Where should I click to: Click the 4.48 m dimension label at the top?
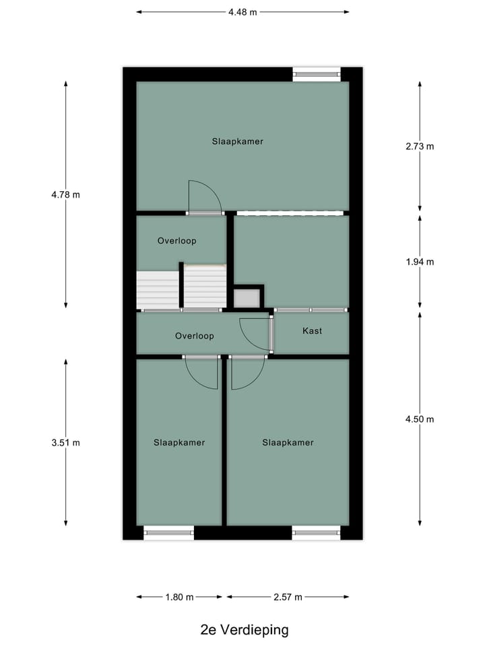point(243,11)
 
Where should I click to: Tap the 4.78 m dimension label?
point(65,195)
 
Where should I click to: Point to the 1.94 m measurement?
point(420,262)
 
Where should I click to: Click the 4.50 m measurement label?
point(420,419)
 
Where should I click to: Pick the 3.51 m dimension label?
point(65,443)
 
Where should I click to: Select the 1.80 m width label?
point(179,597)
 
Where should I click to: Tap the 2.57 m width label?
point(288,597)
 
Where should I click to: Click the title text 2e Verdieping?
point(245,630)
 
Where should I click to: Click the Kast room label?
point(312,331)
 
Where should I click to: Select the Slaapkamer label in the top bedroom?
point(237,141)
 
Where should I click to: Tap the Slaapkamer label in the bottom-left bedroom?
point(179,442)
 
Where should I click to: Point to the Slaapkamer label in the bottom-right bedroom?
point(288,442)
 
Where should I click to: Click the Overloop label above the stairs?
point(176,240)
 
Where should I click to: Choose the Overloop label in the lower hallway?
point(194,336)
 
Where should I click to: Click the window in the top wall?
point(317,74)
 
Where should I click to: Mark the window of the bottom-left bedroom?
point(169,533)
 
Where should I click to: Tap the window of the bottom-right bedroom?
point(317,533)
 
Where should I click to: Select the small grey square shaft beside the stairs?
point(247,297)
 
